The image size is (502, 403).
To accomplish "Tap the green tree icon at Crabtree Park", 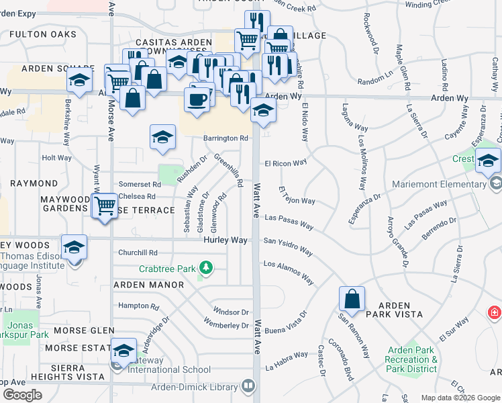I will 206,269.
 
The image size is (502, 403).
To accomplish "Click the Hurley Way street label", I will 225,240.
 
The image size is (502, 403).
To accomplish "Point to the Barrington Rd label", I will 225,138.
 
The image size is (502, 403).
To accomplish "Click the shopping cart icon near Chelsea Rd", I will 104,205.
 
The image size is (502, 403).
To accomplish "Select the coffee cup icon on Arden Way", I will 197,99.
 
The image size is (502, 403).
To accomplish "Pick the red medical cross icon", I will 495,312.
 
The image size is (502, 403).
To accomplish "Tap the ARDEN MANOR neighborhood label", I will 148,285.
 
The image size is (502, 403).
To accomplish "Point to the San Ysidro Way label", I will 287,246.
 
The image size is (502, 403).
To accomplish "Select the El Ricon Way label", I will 285,163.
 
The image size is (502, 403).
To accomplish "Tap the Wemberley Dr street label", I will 226,326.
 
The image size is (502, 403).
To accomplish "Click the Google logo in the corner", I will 22,394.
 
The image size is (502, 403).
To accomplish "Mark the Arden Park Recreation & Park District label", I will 412,359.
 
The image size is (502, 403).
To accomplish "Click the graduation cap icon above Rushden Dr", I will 162,138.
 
